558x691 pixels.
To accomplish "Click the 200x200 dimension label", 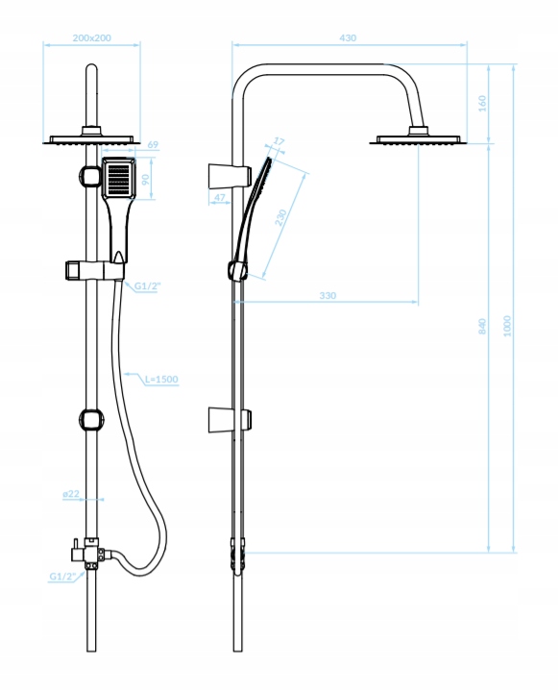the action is [x=91, y=37].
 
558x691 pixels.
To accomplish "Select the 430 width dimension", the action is [x=348, y=37].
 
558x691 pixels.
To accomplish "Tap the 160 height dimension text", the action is [x=483, y=103].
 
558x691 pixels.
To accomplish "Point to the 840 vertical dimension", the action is [x=483, y=326].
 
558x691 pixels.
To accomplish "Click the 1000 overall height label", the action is [x=507, y=326].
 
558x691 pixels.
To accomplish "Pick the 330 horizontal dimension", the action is [x=328, y=295].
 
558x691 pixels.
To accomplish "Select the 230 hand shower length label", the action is [x=280, y=217].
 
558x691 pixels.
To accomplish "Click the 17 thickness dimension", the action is [x=279, y=141].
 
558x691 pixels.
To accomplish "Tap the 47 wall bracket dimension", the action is [x=219, y=198].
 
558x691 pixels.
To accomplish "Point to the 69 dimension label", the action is [x=153, y=144].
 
